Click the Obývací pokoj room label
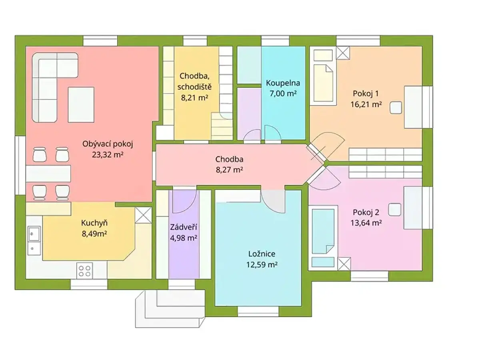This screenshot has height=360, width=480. [108, 144]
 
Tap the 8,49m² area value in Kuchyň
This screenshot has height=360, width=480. [94, 234]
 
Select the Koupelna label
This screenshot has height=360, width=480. [283, 83]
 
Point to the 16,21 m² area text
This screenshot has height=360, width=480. [366, 104]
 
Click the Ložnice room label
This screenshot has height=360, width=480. [262, 254]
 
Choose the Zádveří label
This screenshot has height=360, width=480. [184, 227]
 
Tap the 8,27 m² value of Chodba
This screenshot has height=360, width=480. [229, 170]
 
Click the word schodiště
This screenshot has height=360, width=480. [194, 87]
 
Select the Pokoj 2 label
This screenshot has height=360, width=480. [366, 212]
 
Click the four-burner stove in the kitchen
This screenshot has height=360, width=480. [84, 271]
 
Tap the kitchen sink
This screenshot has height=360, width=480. [34, 240]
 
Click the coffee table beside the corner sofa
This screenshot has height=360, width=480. [81, 104]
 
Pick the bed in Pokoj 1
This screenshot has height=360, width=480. [323, 83]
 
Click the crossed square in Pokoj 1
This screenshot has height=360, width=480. [343, 53]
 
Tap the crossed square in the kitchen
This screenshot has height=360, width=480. [143, 215]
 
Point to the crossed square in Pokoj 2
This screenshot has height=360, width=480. [344, 264]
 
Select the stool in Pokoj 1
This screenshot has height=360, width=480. [396, 108]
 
